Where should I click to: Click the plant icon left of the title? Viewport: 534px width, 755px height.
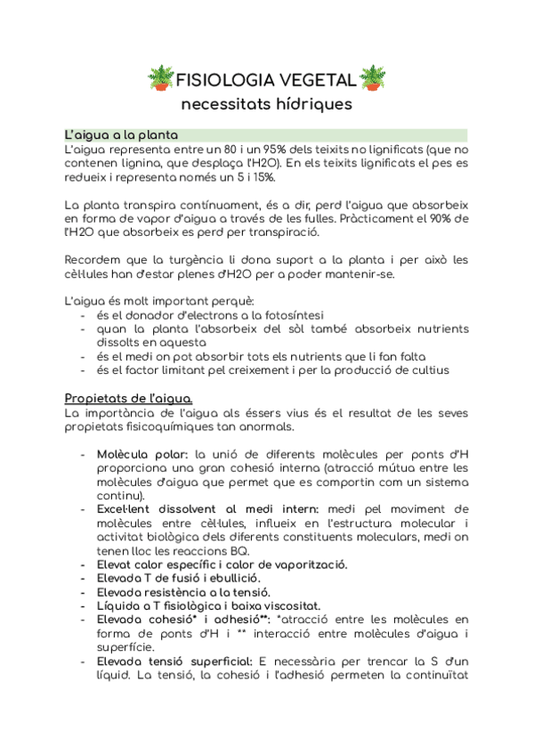(x=162, y=78)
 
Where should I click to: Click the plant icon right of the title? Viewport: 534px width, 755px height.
(x=372, y=78)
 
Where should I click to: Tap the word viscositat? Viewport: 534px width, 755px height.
(x=314, y=606)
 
